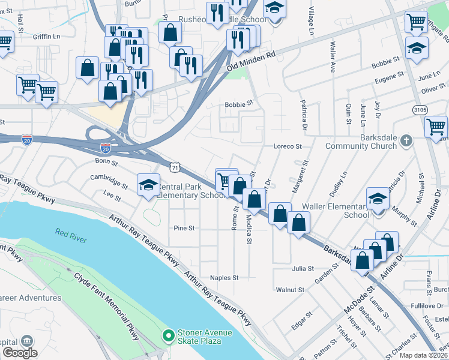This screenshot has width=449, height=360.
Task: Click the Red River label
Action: pos(70,232)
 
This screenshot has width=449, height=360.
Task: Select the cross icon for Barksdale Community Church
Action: pos(406,141)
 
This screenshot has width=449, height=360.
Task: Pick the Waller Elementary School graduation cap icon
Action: pos(378,199)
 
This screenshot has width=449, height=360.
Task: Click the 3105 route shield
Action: pos(420,110)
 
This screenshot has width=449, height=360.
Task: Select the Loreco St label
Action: pos(287,146)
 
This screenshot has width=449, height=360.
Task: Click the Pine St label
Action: pos(184,228)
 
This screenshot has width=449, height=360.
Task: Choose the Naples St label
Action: pos(224,278)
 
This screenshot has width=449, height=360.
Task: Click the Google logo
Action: pos(20,352)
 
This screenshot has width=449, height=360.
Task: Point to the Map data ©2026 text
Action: pos(423,355)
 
